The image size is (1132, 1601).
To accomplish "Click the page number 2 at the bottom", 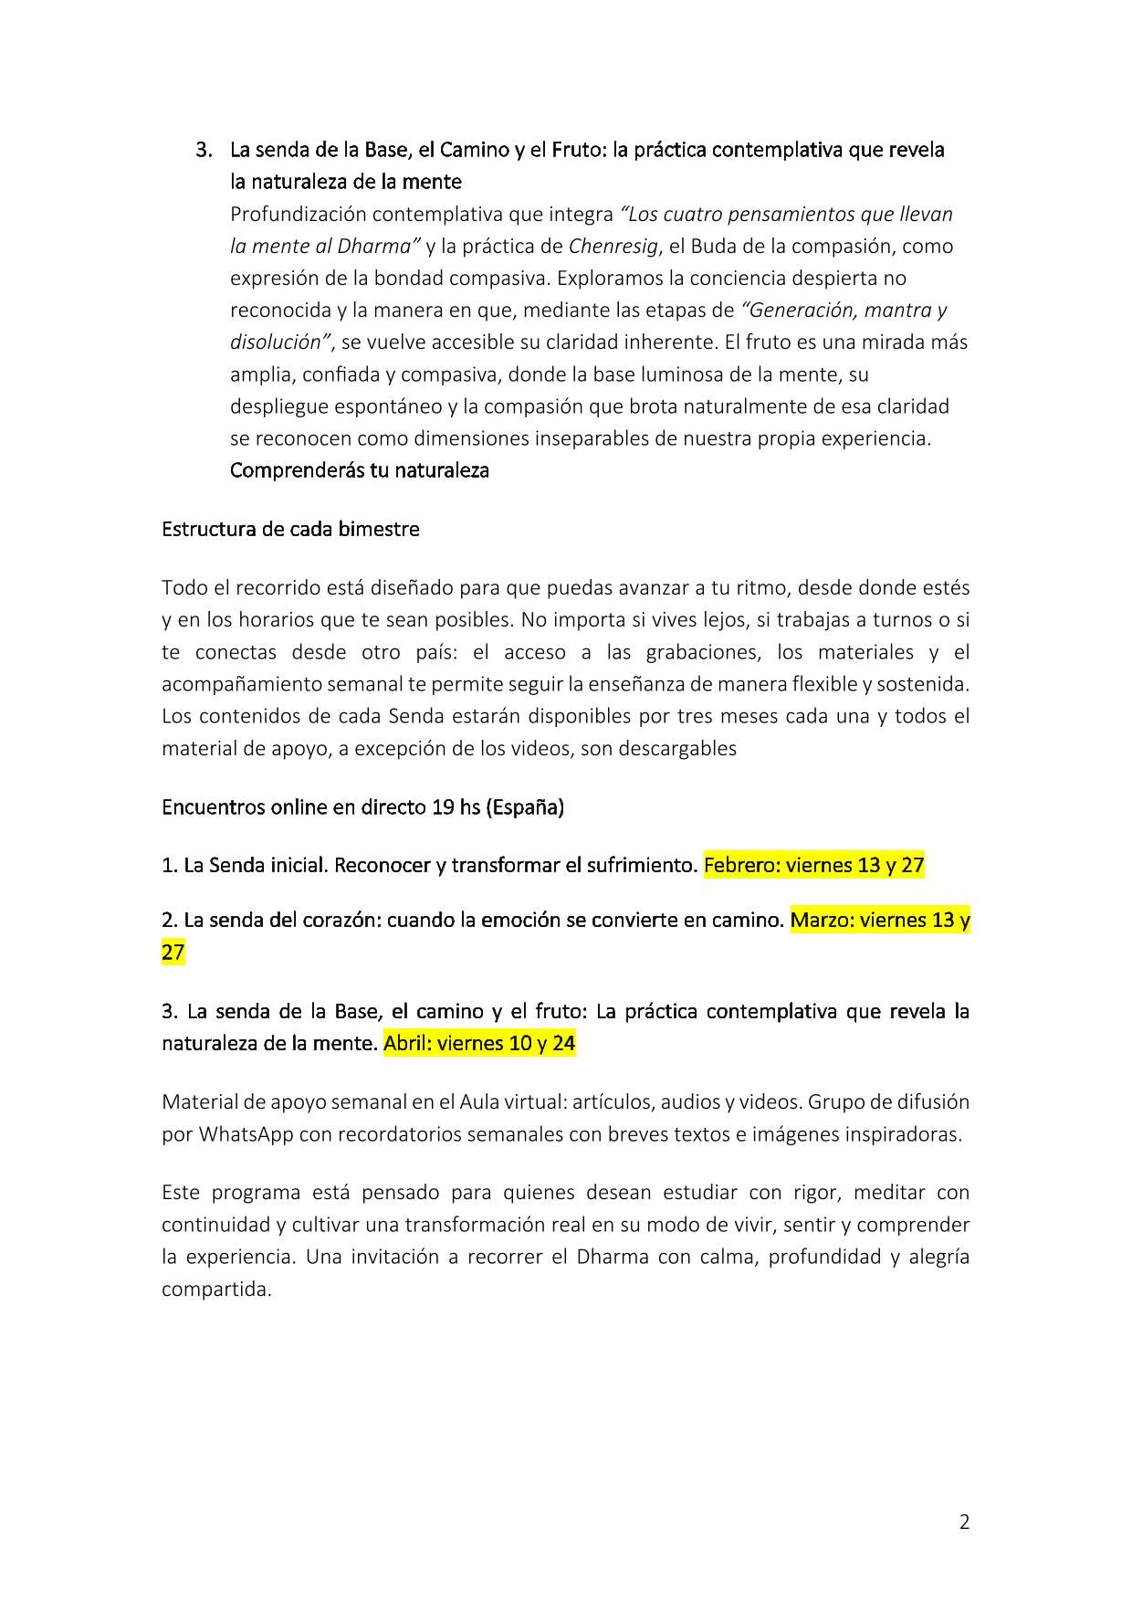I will click(x=964, y=1522).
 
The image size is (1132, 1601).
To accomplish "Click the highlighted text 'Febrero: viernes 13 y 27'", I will click(x=814, y=865).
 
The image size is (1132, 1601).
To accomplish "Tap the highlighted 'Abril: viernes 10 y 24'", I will click(x=479, y=1043).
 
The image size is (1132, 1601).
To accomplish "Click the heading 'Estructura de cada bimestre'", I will click(x=290, y=530).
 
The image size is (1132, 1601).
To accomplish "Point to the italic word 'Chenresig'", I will click(x=613, y=246).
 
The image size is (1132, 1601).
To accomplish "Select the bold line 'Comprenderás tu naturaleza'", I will click(x=359, y=470).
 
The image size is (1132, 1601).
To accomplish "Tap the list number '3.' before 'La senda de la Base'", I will click(x=204, y=149).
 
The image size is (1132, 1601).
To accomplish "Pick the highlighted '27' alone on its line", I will click(x=173, y=953).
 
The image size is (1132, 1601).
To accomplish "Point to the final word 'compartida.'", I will click(x=216, y=1289).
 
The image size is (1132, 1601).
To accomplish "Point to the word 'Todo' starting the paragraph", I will click(x=184, y=587).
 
